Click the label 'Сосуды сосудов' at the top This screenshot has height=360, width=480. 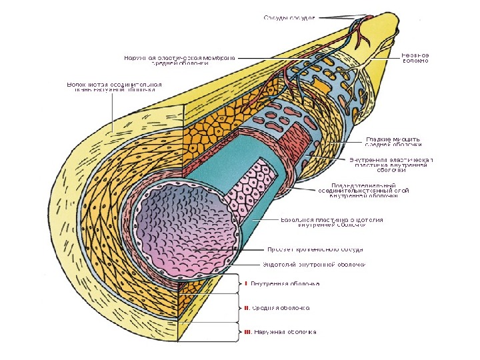point(288,17)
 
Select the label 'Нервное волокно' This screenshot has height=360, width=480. point(414,57)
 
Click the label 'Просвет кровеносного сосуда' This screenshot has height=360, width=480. point(315,249)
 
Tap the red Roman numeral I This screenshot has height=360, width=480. point(246,284)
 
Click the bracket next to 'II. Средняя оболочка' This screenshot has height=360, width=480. point(236,308)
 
